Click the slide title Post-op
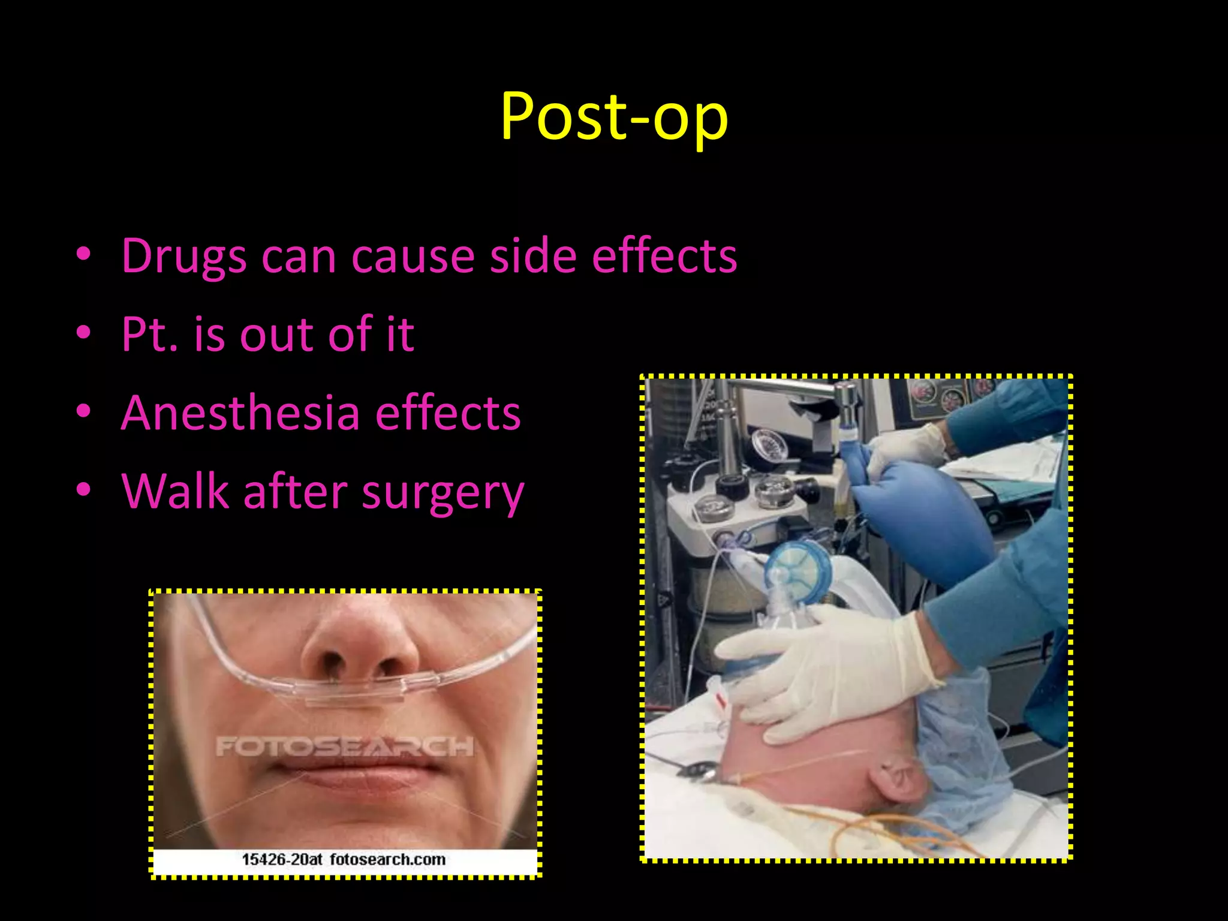click(x=614, y=117)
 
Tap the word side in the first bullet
click(x=532, y=257)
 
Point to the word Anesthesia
click(x=240, y=413)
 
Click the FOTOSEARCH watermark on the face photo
click(x=344, y=747)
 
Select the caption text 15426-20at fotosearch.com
click(x=344, y=860)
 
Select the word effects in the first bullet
click(x=664, y=257)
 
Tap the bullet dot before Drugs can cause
click(x=83, y=254)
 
